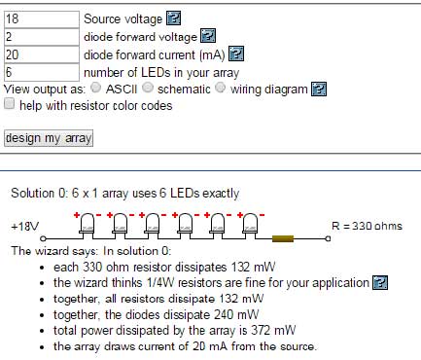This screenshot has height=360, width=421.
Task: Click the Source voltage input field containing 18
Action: coord(42,19)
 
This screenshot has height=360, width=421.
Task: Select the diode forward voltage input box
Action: coord(42,37)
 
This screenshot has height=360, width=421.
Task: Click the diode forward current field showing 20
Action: coord(42,54)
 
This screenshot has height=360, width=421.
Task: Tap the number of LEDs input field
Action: coord(42,72)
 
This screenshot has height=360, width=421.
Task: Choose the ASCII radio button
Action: coord(95,88)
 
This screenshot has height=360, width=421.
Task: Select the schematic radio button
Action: coord(148,88)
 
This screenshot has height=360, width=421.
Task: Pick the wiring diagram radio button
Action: coord(221,88)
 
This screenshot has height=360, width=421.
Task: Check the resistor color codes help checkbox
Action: coord(10,104)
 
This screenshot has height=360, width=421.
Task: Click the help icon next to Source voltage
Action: coord(173,18)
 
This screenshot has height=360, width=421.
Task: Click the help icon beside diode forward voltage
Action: coord(208,36)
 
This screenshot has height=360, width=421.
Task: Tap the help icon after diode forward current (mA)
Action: coord(236,54)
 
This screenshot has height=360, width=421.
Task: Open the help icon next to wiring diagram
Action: coord(319,89)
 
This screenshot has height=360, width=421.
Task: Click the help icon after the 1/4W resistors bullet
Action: coord(380,282)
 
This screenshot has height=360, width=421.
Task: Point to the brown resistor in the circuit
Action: coord(283,239)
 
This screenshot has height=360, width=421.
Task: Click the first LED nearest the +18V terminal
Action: coord(87,224)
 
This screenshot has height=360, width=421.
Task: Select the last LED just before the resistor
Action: coord(250,224)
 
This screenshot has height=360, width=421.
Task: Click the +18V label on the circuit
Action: coord(25,227)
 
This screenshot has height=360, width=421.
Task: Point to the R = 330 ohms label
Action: coord(367,226)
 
